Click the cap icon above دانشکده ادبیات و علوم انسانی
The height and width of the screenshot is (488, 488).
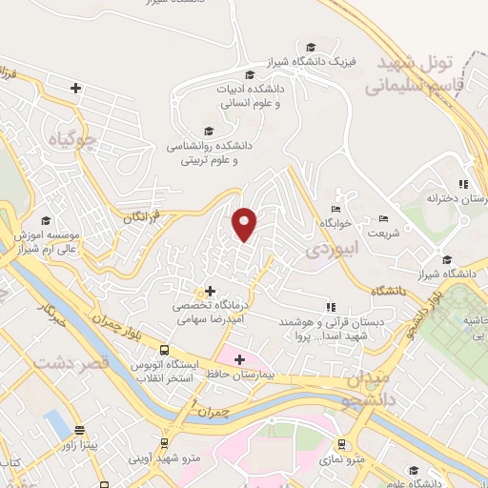(250, 75)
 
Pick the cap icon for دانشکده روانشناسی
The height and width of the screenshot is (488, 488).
(208, 132)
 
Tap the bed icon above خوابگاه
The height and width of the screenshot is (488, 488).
(335, 209)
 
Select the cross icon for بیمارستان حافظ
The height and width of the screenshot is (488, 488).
(239, 359)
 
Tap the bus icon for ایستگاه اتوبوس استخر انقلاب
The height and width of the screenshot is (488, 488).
(165, 350)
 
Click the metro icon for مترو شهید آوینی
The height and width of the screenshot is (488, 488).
(165, 443)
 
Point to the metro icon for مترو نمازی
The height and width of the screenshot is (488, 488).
(340, 443)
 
